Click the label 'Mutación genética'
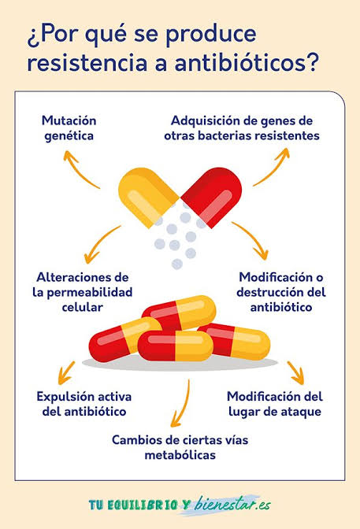69,128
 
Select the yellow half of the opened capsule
147,196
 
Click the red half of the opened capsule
212,196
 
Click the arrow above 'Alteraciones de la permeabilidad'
98,243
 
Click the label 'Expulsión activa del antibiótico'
84,404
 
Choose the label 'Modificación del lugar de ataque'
275,404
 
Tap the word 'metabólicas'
180,455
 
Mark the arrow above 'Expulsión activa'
66,373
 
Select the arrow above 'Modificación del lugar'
296,373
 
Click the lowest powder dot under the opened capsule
177,264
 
